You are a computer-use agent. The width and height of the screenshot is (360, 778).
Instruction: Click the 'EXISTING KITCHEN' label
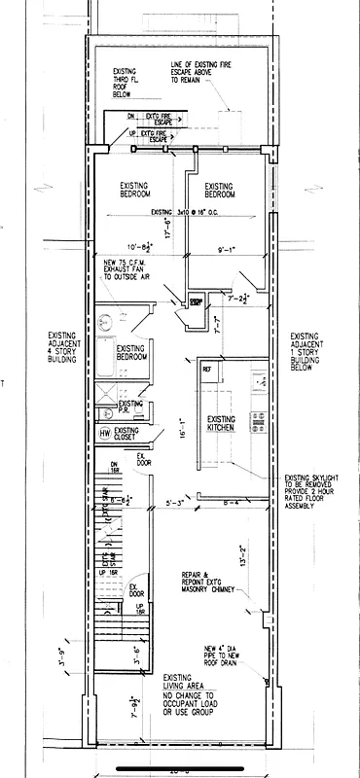pyautogui.click(x=228, y=425)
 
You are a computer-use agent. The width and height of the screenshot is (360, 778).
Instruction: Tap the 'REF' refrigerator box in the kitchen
pyautogui.click(x=207, y=371)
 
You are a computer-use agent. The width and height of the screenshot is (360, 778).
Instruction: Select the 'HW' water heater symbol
pyautogui.click(x=104, y=433)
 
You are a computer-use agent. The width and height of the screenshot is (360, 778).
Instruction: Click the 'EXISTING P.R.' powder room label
pyautogui.click(x=129, y=407)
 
